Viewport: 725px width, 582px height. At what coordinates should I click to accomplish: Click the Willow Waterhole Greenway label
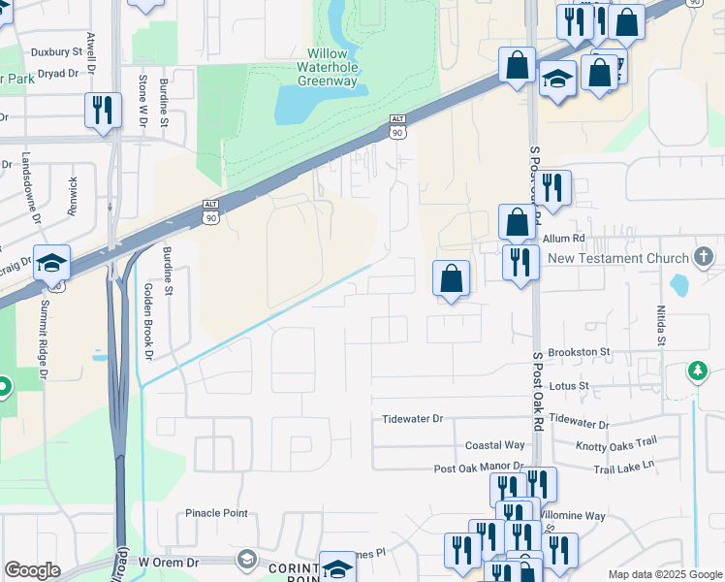pos(332,67)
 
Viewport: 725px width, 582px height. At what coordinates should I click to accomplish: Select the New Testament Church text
pos(616,258)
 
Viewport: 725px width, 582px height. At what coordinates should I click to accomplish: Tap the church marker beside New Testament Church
pos(705,257)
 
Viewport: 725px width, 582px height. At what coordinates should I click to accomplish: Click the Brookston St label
pos(578,352)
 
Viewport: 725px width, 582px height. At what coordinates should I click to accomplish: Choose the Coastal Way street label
pos(494,444)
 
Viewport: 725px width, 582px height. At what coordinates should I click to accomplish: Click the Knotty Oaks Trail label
pos(615,443)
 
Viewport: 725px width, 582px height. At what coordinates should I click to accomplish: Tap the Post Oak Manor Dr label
pos(479,469)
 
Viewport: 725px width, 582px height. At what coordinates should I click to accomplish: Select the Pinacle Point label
pos(217,513)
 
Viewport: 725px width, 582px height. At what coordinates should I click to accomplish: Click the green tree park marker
pos(697,371)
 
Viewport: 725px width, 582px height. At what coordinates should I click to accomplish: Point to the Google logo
pos(33,570)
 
